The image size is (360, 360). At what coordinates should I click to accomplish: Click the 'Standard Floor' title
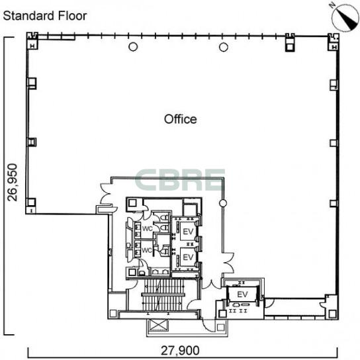(45, 16)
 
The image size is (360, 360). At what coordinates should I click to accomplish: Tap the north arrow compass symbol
(345, 17)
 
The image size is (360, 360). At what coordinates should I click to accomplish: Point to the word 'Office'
(181, 119)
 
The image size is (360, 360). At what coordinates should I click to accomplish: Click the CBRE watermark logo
(180, 180)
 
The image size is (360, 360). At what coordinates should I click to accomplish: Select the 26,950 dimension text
(12, 182)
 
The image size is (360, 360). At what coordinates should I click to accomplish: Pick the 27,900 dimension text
(180, 350)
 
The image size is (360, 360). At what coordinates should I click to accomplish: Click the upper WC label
(147, 229)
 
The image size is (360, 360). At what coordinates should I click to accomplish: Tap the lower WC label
(147, 250)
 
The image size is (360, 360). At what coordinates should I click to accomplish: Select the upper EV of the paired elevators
(188, 232)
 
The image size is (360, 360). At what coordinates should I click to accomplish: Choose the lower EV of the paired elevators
(188, 257)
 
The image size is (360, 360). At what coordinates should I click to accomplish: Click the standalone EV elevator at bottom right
(242, 294)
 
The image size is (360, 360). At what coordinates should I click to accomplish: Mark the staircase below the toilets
(163, 294)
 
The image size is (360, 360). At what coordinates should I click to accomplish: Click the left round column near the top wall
(133, 47)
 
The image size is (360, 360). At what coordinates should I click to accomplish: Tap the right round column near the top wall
(224, 47)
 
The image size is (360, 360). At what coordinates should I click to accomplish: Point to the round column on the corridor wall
(223, 203)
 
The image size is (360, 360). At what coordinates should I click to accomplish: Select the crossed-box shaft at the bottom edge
(157, 325)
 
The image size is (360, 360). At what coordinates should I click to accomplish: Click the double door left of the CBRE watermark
(106, 195)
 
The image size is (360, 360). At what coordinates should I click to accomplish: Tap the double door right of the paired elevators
(228, 262)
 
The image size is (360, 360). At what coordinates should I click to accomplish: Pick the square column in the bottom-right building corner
(332, 314)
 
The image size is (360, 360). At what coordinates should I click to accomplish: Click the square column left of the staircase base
(113, 314)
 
